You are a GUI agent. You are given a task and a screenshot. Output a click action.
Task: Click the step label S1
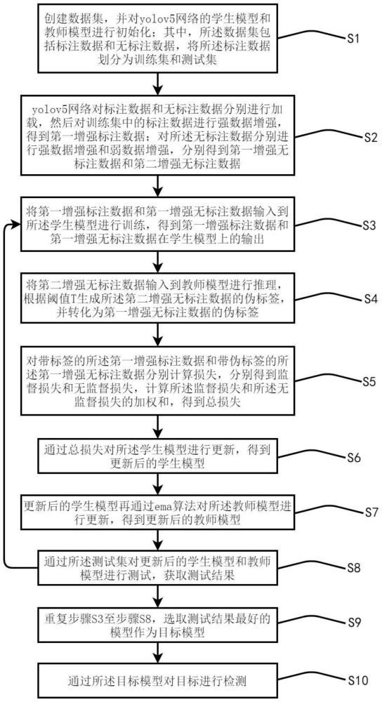pyautogui.click(x=353, y=39)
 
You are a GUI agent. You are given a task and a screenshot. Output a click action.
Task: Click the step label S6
pyautogui.click(x=353, y=458)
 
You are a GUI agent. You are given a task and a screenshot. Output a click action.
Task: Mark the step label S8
pyautogui.click(x=353, y=567)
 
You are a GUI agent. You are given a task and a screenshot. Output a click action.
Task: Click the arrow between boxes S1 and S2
pyautogui.click(x=157, y=82)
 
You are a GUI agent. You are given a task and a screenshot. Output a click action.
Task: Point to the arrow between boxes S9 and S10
pyautogui.click(x=157, y=652)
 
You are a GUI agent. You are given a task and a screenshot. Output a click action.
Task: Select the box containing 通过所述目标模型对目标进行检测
pyautogui.click(x=158, y=680)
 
